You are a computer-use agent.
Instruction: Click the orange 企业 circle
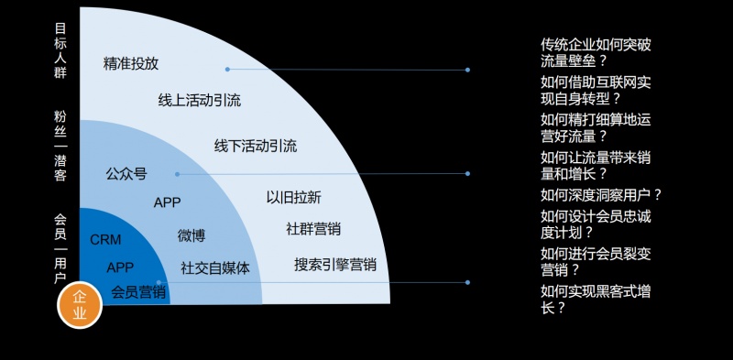tap(80, 305)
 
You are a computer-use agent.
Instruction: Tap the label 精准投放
tap(131, 63)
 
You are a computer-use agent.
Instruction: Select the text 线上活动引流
tap(200, 100)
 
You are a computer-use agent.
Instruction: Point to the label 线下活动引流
tap(256, 146)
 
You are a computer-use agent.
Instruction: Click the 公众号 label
tap(126, 173)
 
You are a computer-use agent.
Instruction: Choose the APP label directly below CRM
tap(120, 267)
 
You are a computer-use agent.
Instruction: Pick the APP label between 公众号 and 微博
tap(168, 202)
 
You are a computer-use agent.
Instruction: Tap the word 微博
tap(191, 235)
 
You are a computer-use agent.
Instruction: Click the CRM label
tap(105, 240)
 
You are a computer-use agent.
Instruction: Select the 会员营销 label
tap(138, 292)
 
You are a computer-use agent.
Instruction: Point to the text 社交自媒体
tap(215, 267)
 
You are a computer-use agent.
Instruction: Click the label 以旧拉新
tap(293, 197)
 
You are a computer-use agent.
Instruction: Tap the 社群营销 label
tap(313, 229)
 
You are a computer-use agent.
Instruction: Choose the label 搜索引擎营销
tap(335, 265)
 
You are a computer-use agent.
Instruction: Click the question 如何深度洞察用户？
tap(601, 194)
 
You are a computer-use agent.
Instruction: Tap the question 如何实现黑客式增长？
tap(600, 300)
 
